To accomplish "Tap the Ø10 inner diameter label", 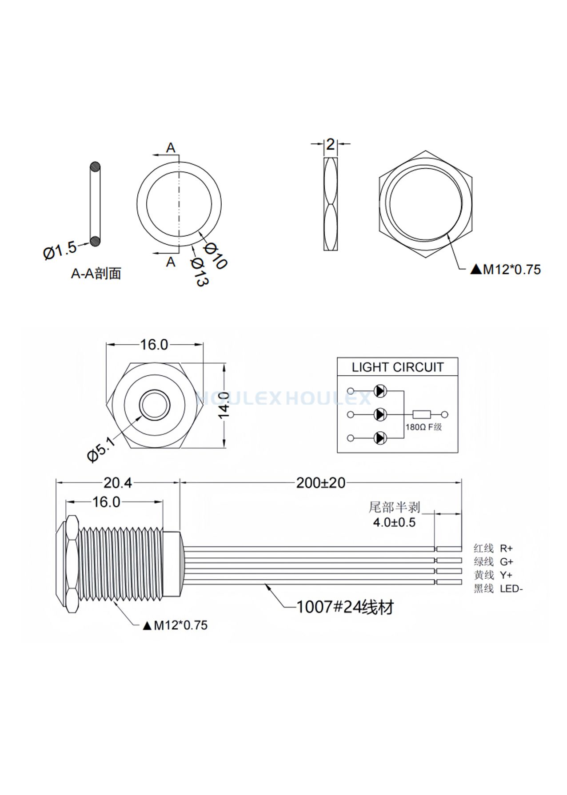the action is point(215,255).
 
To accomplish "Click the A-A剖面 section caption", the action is point(96,273).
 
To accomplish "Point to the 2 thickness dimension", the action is point(330,144).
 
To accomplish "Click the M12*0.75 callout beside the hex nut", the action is point(506,269).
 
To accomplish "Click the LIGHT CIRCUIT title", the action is point(397,367).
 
